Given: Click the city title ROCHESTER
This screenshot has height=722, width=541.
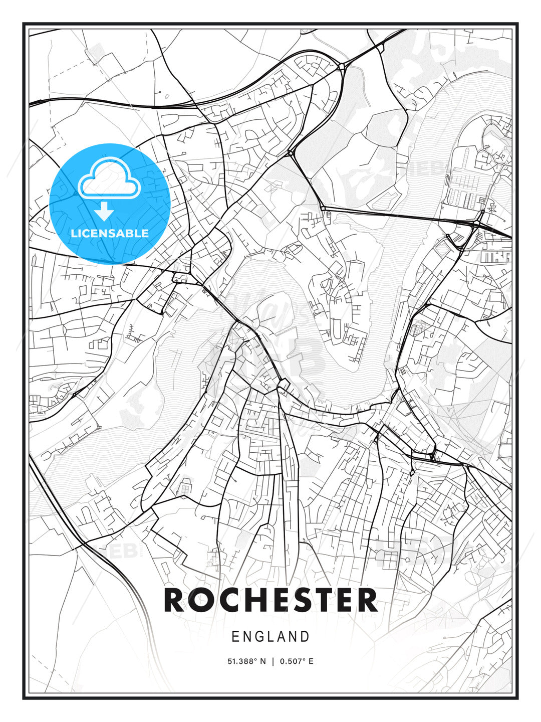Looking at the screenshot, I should pos(270,600).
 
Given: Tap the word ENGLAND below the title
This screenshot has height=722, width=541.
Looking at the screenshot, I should pos(270,637).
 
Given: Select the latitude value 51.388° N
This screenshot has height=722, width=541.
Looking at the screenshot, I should pos(247,661).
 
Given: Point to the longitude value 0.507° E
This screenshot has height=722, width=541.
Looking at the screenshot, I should pos(297,661).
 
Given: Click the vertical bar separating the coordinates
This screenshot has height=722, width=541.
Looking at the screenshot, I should pos(273,661).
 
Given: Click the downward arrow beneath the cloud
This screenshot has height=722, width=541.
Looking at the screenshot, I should pos(104,211).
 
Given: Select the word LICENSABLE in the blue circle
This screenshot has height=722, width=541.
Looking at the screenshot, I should pos(110,233).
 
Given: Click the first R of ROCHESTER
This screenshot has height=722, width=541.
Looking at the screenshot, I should pos(175,600).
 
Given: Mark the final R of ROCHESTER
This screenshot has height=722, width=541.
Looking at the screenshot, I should pos(367,600).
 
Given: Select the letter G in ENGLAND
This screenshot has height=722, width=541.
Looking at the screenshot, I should pos(259,637).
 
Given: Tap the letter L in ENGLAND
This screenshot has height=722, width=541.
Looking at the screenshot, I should pos(271,637).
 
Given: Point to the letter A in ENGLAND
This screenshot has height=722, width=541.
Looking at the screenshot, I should pos(281,637).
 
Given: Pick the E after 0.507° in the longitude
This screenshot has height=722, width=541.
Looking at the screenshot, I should pos(311,661).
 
